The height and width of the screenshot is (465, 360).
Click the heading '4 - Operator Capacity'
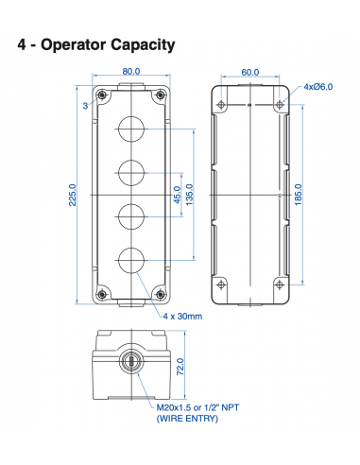tap(96, 44)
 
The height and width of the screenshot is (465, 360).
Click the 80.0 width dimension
tap(130, 72)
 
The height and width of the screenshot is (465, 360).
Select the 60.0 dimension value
tap(249, 72)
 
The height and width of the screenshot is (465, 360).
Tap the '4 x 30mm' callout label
tap(182, 316)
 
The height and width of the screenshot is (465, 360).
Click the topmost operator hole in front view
tap(130, 129)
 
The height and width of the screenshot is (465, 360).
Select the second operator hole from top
tap(130, 172)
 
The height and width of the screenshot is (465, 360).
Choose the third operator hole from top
tap(130, 215)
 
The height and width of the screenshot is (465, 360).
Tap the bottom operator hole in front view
tap(130, 257)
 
